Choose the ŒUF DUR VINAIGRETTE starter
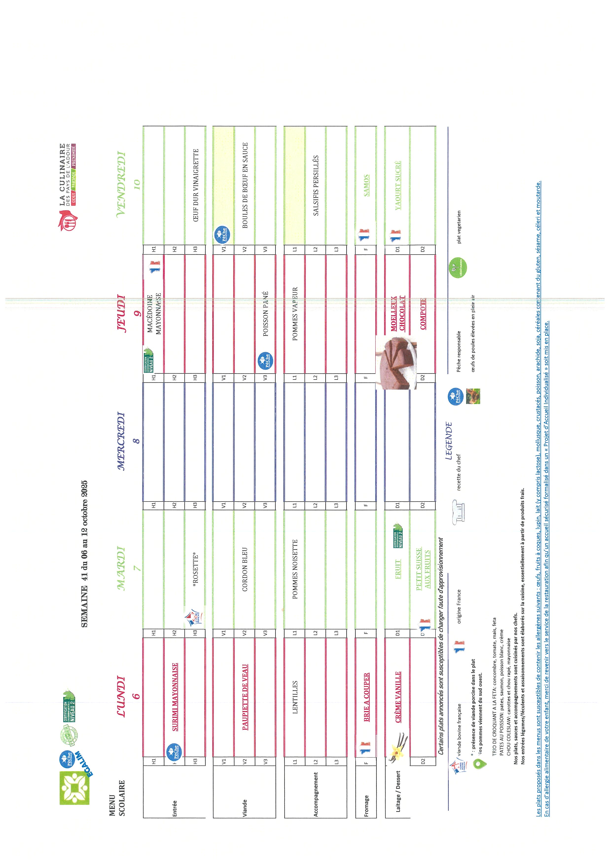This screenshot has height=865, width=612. (x=195, y=185)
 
